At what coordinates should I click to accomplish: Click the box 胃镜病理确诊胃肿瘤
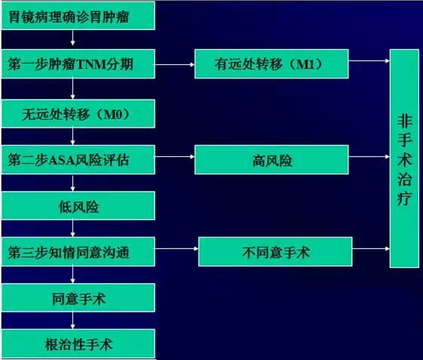tap(78, 16)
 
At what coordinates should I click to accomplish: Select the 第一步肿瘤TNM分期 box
tap(78, 63)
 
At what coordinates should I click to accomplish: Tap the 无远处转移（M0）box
tap(78, 113)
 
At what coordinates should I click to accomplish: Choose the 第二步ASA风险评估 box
tap(78, 159)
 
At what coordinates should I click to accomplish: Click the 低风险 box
tap(78, 206)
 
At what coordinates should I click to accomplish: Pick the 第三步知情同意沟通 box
tap(78, 252)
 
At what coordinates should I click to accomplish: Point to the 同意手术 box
tap(78, 297)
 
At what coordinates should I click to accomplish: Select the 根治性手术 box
tap(78, 343)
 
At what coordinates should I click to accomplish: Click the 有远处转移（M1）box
tap(271, 63)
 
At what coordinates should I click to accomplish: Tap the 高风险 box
tap(271, 159)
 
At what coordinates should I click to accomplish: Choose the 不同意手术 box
tap(275, 252)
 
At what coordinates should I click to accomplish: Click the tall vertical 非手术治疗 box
tap(404, 158)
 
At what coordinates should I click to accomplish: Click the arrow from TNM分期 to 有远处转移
tap(175, 65)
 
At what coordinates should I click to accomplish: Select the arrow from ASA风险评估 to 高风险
tap(175, 157)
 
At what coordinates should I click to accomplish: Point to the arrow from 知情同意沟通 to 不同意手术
tap(176, 249)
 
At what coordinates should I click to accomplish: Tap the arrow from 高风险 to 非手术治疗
tap(369, 157)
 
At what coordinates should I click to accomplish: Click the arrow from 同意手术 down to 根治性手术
tap(72, 321)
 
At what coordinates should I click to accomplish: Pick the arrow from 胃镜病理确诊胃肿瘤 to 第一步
tap(72, 38)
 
